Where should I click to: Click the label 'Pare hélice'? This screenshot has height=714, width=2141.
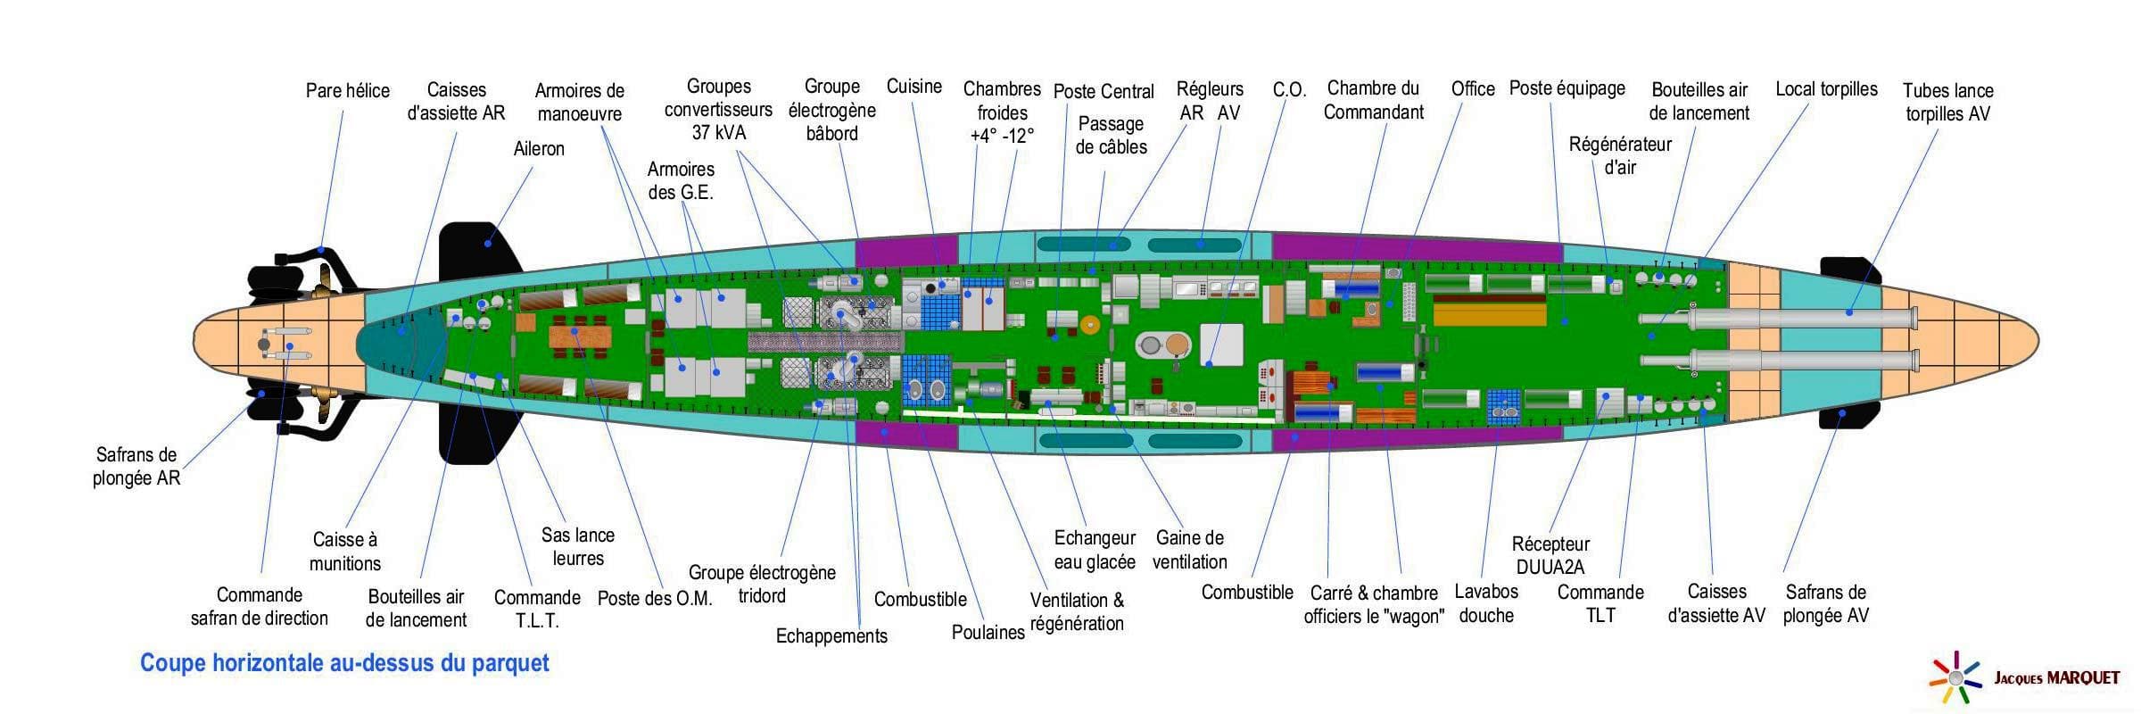pyautogui.click(x=347, y=91)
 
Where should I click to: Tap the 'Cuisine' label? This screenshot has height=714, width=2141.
pyautogui.click(x=913, y=87)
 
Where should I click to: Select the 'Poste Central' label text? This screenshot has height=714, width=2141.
pyautogui.click(x=1103, y=92)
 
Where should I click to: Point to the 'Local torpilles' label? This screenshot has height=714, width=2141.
pyautogui.click(x=1825, y=89)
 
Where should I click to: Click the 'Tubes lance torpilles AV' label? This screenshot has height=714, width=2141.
pyautogui.click(x=1947, y=102)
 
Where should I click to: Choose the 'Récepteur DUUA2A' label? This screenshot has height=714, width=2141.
pyautogui.click(x=1550, y=555)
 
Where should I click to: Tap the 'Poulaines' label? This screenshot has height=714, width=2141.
pyautogui.click(x=988, y=633)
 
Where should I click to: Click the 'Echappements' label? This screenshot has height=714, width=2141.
pyautogui.click(x=831, y=636)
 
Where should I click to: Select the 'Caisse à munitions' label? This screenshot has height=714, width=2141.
pyautogui.click(x=345, y=552)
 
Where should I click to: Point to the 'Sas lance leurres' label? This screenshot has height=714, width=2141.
pyautogui.click(x=578, y=546)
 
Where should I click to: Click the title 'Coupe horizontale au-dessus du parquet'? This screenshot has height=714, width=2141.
pyautogui.click(x=344, y=663)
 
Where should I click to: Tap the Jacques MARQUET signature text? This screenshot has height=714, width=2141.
pyautogui.click(x=2056, y=678)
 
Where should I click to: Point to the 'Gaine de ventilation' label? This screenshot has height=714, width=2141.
pyautogui.click(x=1189, y=550)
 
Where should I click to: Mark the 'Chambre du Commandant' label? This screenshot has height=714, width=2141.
pyautogui.click(x=1373, y=100)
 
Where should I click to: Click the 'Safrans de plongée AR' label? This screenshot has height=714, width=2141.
pyautogui.click(x=136, y=466)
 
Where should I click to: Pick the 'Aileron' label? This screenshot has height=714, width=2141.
pyautogui.click(x=539, y=149)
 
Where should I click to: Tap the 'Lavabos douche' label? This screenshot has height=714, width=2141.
pyautogui.click(x=1486, y=603)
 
